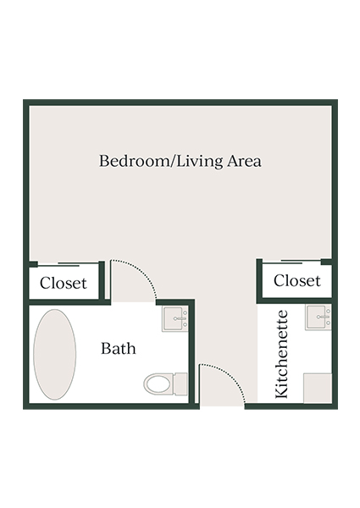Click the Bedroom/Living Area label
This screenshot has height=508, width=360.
click(180, 161)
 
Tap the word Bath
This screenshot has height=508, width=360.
click(119, 348)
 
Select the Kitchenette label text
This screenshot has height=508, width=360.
click(283, 354)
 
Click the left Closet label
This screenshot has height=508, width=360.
click(64, 283)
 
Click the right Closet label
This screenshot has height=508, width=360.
click(297, 280)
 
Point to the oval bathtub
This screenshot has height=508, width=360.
click(54, 353)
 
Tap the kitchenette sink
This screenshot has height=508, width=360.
click(318, 317)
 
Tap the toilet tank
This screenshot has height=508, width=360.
click(180, 384)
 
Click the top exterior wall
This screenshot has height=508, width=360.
click(180, 102)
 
